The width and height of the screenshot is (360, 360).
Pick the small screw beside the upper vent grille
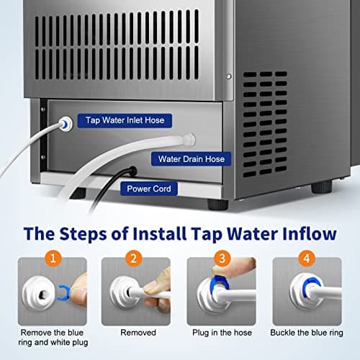229,75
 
